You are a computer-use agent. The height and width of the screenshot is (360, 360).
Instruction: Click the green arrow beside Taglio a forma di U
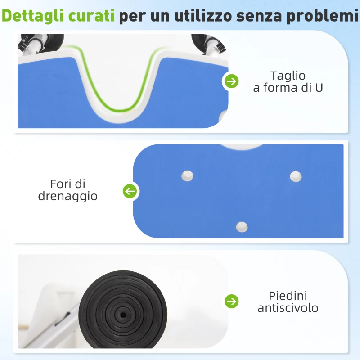[x=232, y=81]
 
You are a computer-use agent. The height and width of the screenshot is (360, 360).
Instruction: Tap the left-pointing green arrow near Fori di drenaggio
[x=130, y=192]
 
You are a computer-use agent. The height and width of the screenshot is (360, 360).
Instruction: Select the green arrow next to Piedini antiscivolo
[x=232, y=301]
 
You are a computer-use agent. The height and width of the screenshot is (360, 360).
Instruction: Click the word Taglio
[x=288, y=76]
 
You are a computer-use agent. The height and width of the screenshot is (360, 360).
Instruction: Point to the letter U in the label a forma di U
[x=319, y=88]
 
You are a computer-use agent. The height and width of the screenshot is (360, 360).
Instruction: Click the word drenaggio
[x=68, y=197]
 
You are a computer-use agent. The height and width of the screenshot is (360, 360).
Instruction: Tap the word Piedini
[x=288, y=296]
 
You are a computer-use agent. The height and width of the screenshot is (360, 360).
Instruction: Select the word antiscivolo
[x=288, y=308]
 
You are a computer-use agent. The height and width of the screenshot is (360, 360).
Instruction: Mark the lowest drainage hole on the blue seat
[x=242, y=226]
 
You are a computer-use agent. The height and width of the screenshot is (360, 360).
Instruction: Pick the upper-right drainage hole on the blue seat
[x=296, y=176]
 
